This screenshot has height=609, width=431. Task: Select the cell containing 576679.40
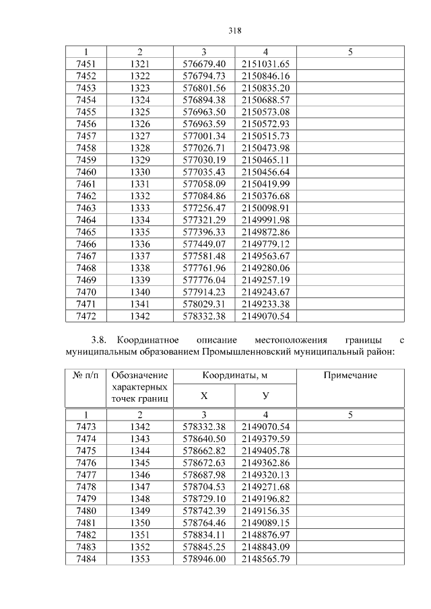click(x=204, y=63)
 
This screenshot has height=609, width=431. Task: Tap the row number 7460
click(x=86, y=173)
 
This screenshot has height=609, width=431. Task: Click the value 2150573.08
click(x=265, y=112)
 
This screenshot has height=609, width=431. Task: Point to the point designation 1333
click(x=139, y=209)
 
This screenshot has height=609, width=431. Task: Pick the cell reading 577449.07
click(x=204, y=244)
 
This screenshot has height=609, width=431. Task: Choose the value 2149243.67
click(x=265, y=292)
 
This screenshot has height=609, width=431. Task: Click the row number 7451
click(x=86, y=63)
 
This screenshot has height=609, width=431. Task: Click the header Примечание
click(x=350, y=375)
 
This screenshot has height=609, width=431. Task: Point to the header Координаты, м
click(x=234, y=375)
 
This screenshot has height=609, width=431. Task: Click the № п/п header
click(x=86, y=375)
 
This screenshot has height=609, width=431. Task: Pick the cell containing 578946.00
click(x=204, y=559)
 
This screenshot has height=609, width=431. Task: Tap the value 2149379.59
click(x=265, y=439)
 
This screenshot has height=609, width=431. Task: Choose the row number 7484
click(x=86, y=559)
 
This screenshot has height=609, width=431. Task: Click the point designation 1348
click(x=139, y=499)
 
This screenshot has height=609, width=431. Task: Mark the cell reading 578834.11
click(x=204, y=535)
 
